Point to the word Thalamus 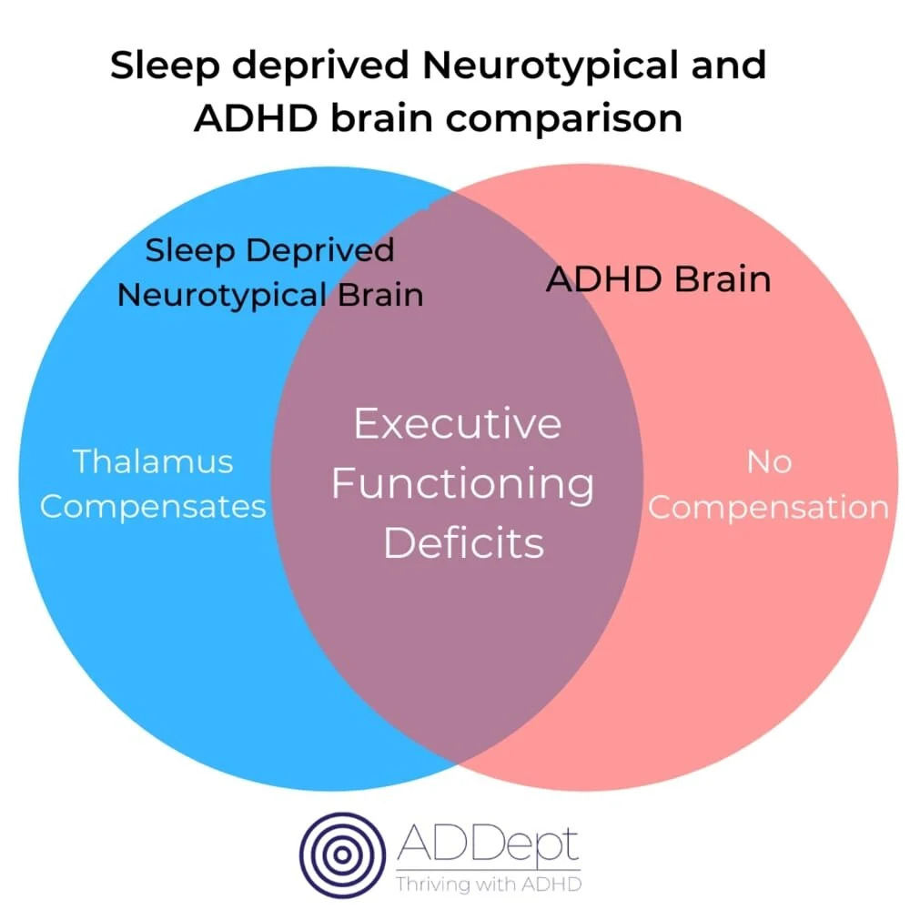153,461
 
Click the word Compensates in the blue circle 153,506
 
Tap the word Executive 458,424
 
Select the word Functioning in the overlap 462,483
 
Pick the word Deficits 463,543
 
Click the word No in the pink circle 768,461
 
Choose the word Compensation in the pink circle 768,507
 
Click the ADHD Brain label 658,278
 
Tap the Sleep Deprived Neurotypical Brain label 270,272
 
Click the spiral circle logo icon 343,854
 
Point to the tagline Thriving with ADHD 488,883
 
